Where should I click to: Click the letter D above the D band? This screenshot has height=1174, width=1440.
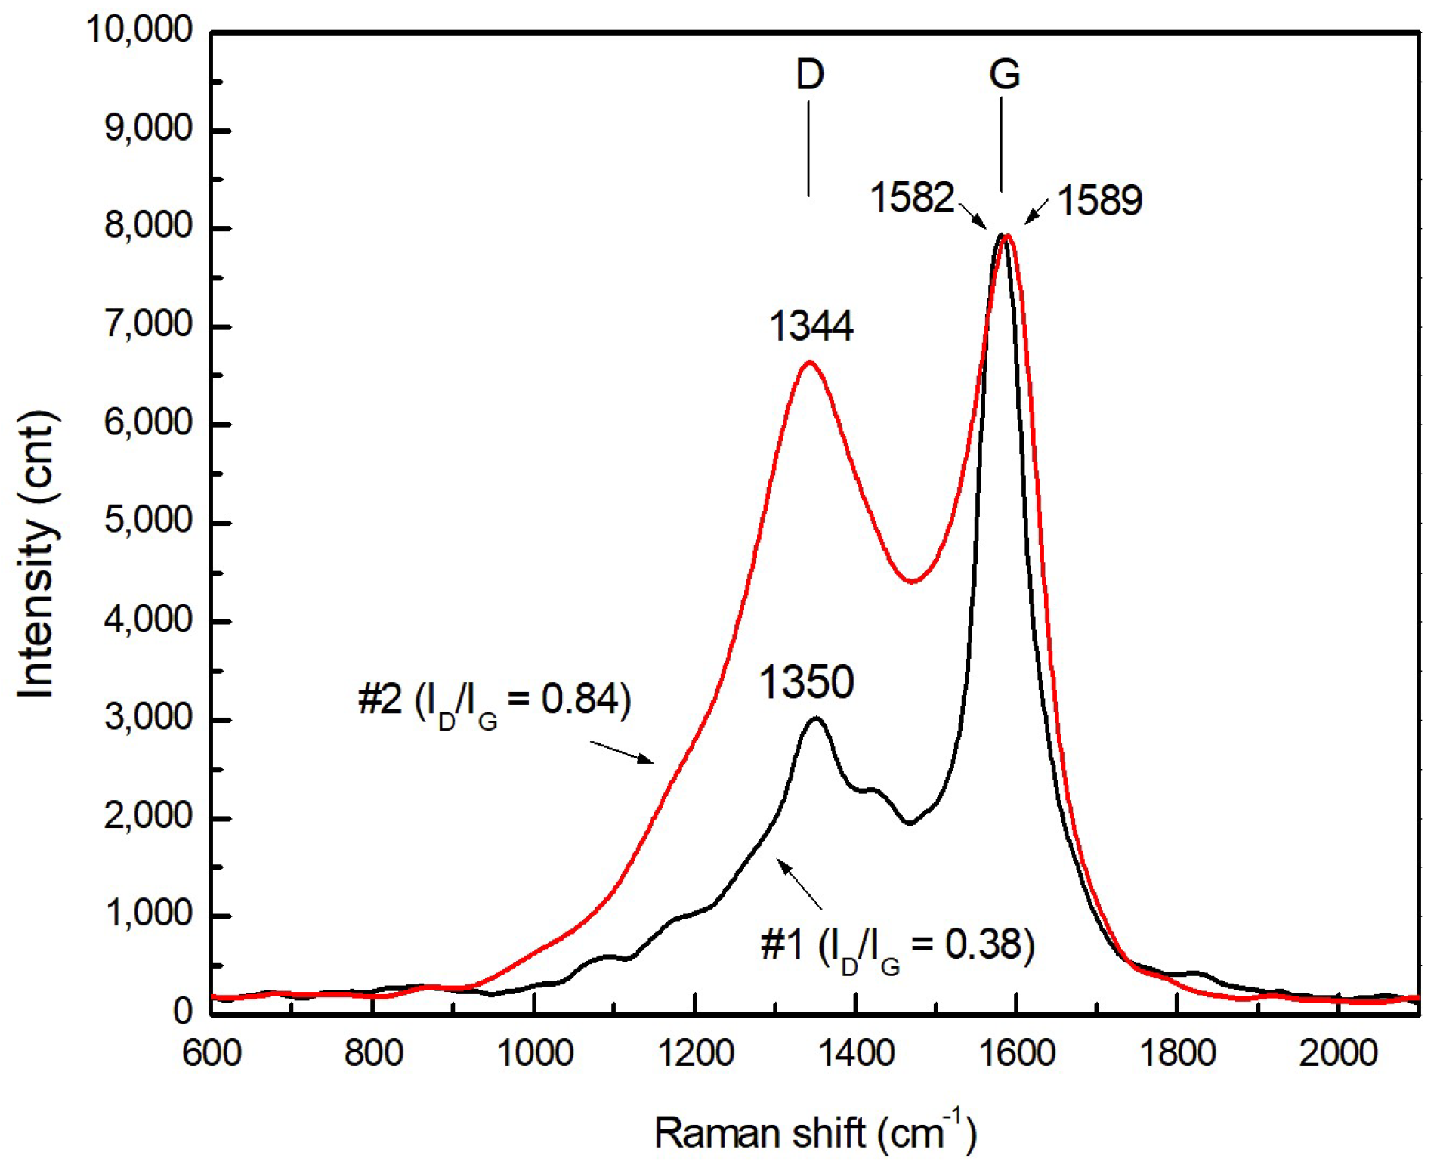point(809,75)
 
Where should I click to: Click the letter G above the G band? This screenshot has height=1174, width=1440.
point(1004,75)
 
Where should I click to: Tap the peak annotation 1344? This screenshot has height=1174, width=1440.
point(811,326)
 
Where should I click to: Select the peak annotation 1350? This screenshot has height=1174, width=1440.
point(806,681)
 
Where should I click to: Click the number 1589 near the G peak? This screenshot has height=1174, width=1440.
point(1099,201)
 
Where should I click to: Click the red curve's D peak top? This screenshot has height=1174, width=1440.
point(809,363)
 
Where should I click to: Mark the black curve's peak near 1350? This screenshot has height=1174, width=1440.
point(815,718)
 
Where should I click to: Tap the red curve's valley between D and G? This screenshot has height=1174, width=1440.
point(913,581)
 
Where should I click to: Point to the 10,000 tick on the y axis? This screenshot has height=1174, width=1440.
point(140,30)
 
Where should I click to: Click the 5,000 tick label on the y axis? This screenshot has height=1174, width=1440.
point(148,521)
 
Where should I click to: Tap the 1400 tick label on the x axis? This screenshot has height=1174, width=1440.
point(857,1053)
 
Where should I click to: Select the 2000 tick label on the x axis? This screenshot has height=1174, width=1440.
point(1338,1053)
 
